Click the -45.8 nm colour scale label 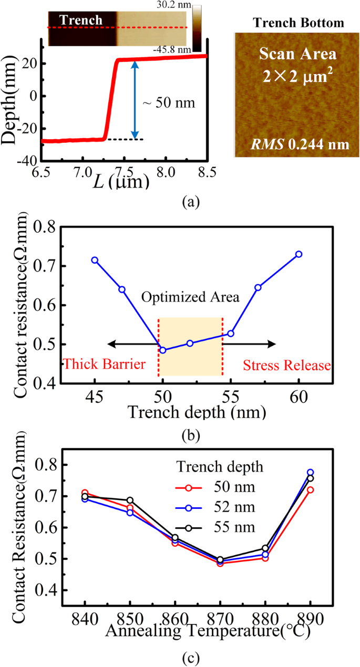(177, 49)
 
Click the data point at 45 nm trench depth (95, 260)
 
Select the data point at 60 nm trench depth (299, 254)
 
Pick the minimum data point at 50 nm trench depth (163, 350)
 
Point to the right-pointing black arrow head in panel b (272, 344)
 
